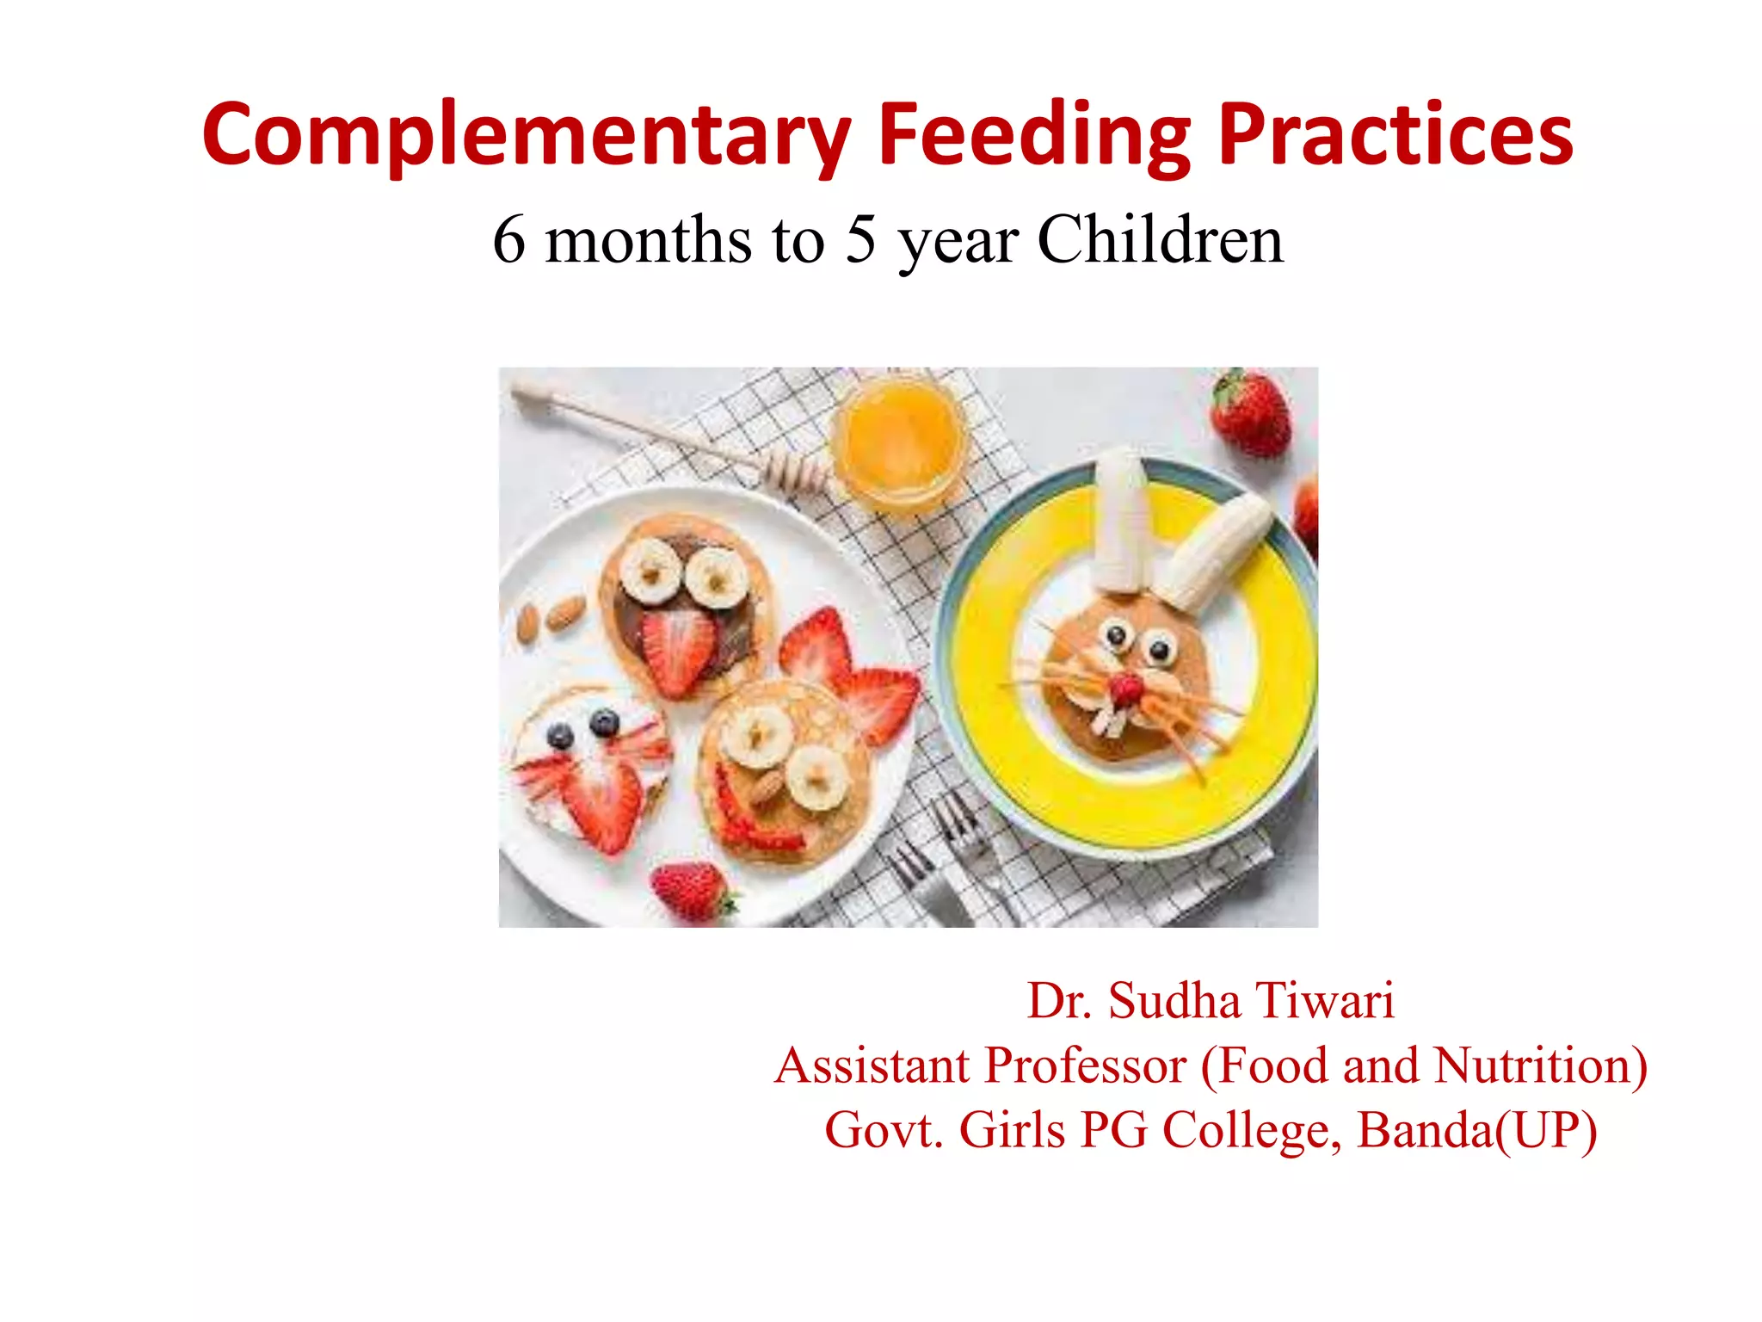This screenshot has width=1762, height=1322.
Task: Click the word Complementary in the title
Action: click(527, 136)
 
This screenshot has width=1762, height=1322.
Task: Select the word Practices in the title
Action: click(1395, 136)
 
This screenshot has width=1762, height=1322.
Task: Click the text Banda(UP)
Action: click(1476, 1129)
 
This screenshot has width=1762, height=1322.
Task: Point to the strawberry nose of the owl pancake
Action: click(679, 650)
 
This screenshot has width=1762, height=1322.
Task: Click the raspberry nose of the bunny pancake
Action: click(1124, 689)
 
